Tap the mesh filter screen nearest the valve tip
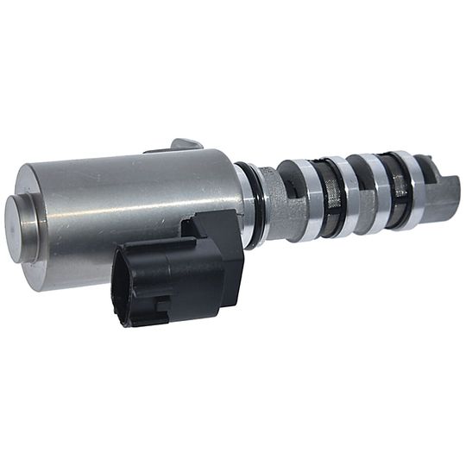click(398, 192)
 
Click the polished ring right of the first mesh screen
click(349, 197)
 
